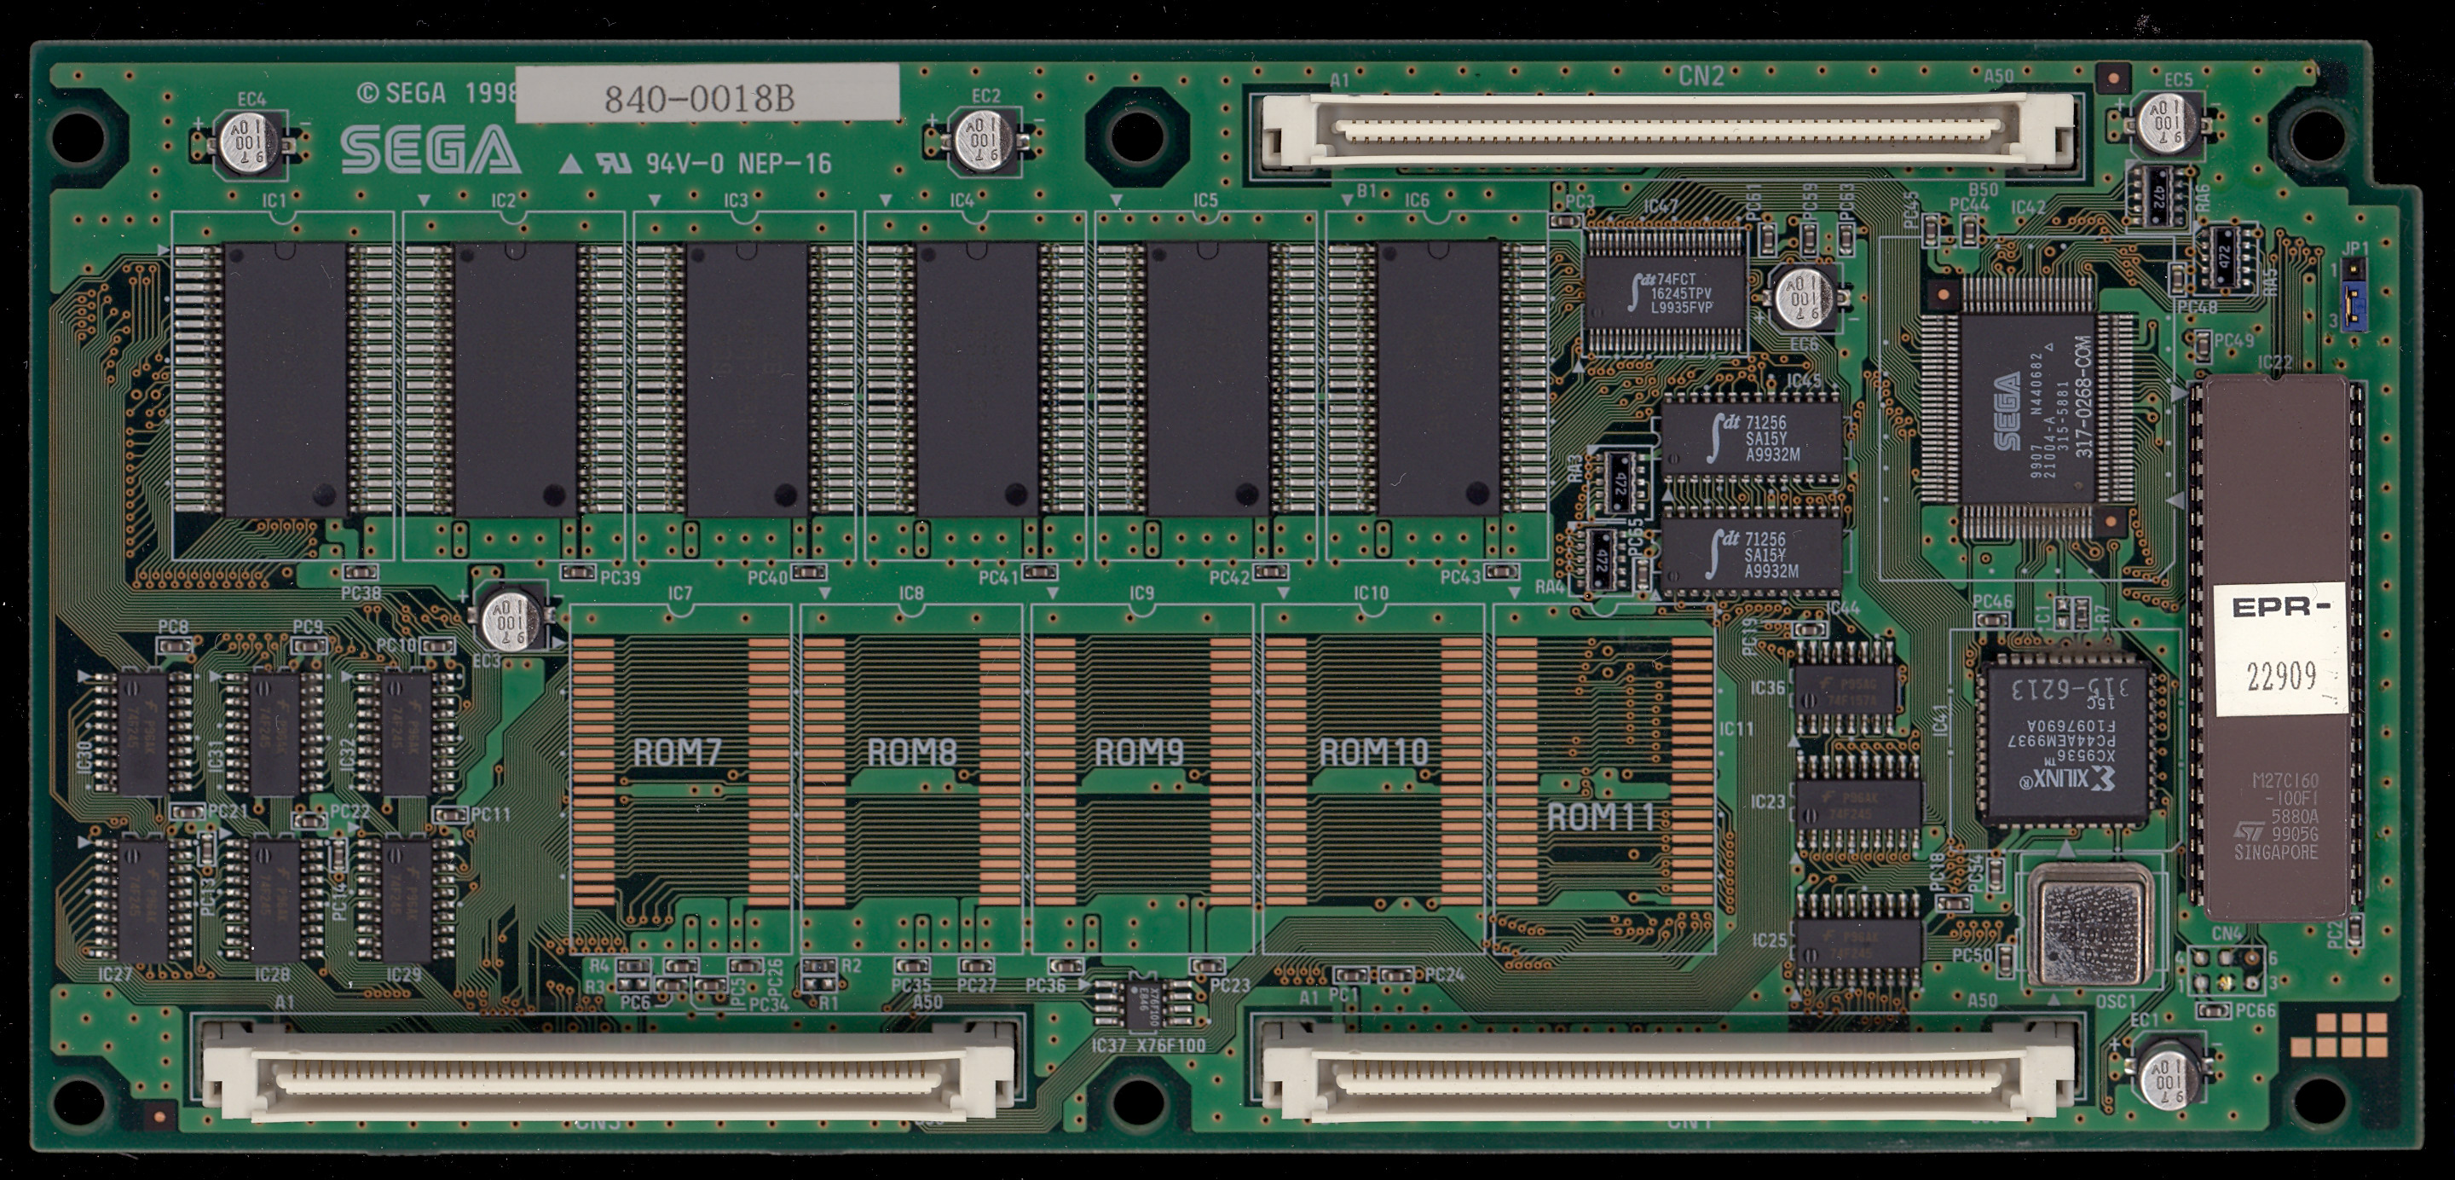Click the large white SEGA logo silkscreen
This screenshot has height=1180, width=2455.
[x=430, y=152]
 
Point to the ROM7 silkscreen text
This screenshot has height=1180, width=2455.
[x=678, y=752]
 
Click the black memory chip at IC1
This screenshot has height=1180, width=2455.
[x=284, y=379]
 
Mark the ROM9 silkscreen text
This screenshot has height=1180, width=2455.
[x=1139, y=752]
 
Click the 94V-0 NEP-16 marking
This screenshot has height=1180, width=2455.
[x=738, y=164]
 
